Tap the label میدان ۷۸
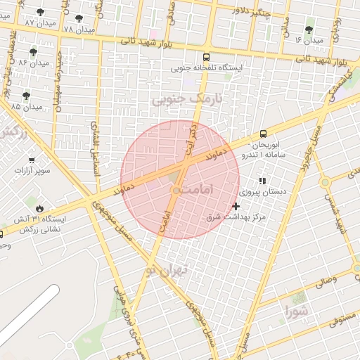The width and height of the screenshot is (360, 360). tap(78, 30)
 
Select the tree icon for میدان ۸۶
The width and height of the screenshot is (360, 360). tap(34, 52)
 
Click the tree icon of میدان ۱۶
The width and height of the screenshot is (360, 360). tap(309, 30)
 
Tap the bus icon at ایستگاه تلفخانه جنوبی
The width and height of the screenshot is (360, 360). tap(206, 58)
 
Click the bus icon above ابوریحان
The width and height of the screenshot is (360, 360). tap(263, 133)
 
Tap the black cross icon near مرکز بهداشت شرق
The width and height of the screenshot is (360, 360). tap(236, 206)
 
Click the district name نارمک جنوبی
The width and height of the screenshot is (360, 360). tap(186, 99)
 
